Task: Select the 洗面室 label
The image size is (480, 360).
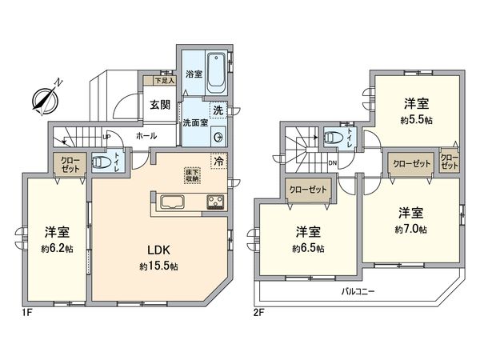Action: coord(195,122)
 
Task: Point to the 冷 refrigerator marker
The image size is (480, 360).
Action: coord(219,161)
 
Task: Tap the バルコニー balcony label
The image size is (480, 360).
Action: coord(358,290)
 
